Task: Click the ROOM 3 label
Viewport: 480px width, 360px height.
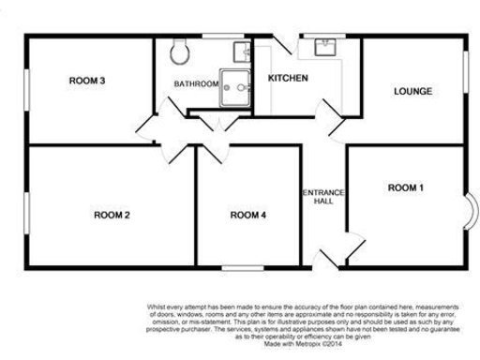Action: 86,80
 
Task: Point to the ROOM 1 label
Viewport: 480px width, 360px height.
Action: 406,188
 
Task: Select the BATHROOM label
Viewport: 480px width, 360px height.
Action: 196,84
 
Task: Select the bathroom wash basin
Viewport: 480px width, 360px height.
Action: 240,48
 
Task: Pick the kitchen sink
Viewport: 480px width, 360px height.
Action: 328,44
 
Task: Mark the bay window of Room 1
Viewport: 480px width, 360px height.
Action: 470,207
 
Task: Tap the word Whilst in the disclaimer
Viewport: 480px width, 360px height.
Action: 157,305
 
